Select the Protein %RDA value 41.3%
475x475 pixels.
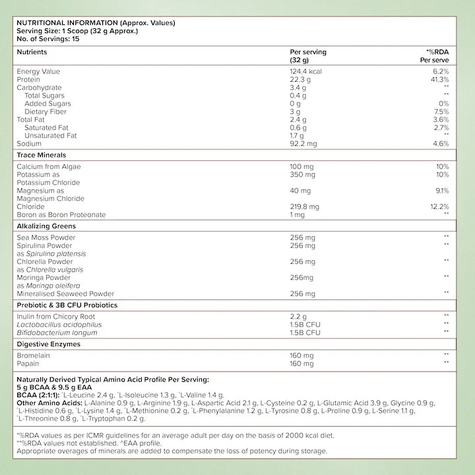(439, 79)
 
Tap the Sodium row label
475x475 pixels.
(29, 143)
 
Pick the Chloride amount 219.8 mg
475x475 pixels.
(305, 206)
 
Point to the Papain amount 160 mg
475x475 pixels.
(302, 363)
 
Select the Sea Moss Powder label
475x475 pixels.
(46, 237)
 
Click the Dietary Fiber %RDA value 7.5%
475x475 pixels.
(441, 111)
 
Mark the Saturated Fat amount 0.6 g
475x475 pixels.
(298, 127)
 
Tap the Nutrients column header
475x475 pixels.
(32, 51)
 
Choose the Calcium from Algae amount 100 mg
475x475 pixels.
(302, 166)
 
